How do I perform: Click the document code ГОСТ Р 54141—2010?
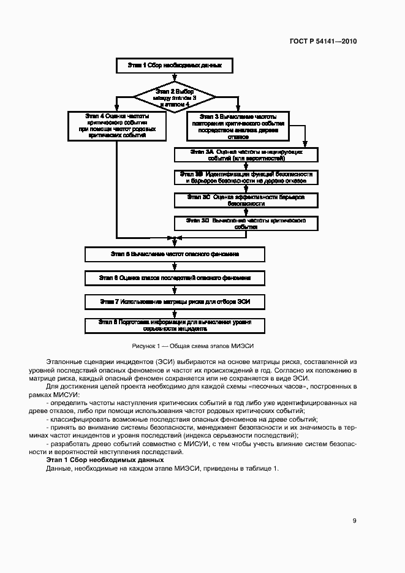click(x=323, y=42)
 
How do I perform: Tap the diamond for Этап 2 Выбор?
click(x=175, y=97)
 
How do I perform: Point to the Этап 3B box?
click(x=246, y=177)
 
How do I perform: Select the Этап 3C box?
click(x=246, y=200)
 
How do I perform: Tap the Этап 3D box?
click(x=246, y=222)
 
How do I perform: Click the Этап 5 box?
click(x=175, y=254)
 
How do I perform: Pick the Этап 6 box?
click(x=175, y=278)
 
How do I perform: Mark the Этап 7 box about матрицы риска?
click(x=175, y=301)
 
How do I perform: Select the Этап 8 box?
click(x=175, y=324)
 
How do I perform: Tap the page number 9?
click(x=354, y=521)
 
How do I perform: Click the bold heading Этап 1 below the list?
click(x=105, y=459)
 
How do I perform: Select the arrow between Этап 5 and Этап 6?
click(x=175, y=266)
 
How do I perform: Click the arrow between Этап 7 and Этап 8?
click(x=175, y=313)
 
